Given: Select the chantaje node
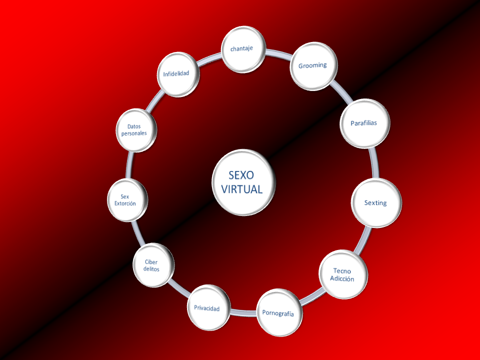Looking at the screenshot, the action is pyautogui.click(x=243, y=49).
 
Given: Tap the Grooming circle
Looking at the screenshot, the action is pyautogui.click(x=313, y=65).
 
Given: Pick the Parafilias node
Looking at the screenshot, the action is pyautogui.click(x=363, y=123).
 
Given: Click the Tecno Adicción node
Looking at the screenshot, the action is pyautogui.click(x=343, y=275).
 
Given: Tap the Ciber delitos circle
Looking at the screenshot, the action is pyautogui.click(x=152, y=265).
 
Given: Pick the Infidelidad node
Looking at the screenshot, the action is pyautogui.click(x=177, y=73).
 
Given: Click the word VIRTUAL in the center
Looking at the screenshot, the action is pyautogui.click(x=242, y=189).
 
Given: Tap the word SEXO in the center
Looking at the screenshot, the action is pyautogui.click(x=241, y=175).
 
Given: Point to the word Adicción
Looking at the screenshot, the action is pyautogui.click(x=342, y=279).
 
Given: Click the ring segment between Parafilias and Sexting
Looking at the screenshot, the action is pyautogui.click(x=373, y=162).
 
